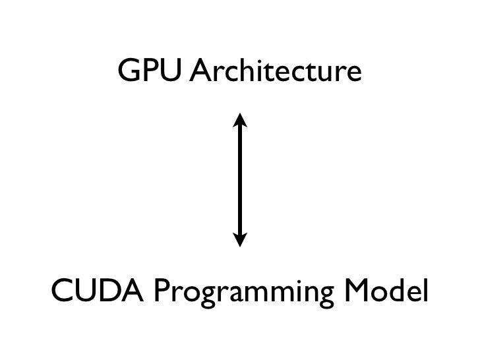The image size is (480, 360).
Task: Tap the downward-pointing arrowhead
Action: point(240,239)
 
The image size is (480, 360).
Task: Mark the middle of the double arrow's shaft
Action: point(240,179)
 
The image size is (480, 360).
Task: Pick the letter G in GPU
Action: point(128,73)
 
